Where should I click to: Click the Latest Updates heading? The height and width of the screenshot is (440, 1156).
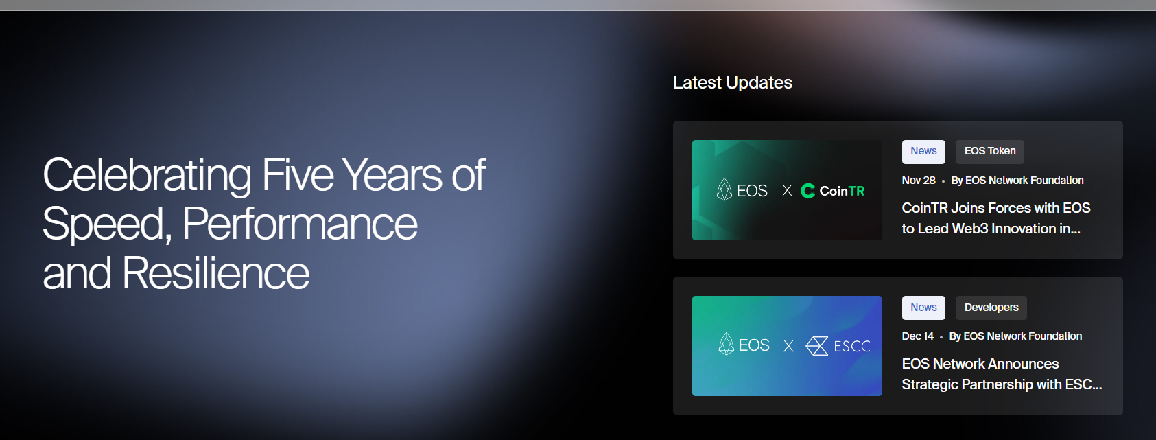click(732, 82)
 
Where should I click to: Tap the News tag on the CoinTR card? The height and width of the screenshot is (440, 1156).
click(923, 151)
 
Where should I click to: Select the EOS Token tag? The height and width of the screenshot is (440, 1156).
click(990, 151)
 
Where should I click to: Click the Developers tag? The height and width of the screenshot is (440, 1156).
click(991, 308)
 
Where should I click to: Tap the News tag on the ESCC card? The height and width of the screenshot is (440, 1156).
click(923, 308)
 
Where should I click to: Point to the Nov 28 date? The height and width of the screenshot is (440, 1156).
click(919, 181)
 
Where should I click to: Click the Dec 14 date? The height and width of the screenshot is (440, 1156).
click(917, 336)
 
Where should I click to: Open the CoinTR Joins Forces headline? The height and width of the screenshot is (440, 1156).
click(996, 218)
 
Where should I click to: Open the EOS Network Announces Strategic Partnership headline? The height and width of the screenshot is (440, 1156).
click(1002, 374)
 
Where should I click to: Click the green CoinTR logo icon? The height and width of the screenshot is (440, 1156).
click(807, 191)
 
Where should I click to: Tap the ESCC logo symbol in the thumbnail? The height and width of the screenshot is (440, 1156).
click(817, 345)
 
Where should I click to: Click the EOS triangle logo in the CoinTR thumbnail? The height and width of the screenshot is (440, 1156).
click(724, 189)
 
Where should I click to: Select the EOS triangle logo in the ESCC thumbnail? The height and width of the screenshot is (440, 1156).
click(726, 343)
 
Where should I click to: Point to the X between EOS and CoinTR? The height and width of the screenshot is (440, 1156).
click(787, 191)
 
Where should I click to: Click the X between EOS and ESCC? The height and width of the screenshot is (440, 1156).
click(788, 345)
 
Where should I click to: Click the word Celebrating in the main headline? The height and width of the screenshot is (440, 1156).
click(147, 176)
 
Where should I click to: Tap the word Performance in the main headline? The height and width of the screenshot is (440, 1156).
click(300, 224)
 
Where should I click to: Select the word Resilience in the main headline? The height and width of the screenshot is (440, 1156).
click(215, 273)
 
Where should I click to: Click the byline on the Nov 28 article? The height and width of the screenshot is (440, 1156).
click(1017, 181)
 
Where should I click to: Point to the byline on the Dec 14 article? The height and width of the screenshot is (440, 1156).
click(1015, 336)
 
